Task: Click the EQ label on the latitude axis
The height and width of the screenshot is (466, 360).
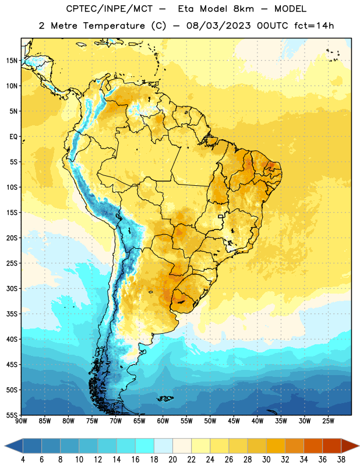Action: click(x=13, y=137)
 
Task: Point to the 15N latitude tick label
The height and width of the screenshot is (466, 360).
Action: click(x=12, y=61)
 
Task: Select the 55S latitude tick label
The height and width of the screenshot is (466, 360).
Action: click(x=12, y=415)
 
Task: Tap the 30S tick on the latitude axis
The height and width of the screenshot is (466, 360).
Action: click(x=12, y=288)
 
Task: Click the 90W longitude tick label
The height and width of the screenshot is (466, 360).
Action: click(x=21, y=421)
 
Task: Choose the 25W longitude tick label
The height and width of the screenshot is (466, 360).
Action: click(x=328, y=421)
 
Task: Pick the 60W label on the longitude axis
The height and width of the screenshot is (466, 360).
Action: click(x=163, y=421)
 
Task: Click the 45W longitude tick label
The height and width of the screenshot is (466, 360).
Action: click(x=234, y=421)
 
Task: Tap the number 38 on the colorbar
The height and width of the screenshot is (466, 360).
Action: click(x=341, y=460)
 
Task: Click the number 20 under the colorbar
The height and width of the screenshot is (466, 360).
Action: click(x=172, y=460)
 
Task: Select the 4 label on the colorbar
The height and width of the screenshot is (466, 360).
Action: click(x=23, y=460)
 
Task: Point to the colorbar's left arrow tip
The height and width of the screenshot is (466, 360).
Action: click(x=5, y=446)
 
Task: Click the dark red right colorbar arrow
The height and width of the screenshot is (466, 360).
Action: click(x=350, y=446)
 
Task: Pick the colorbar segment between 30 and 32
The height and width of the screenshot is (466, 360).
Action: click(x=276, y=446)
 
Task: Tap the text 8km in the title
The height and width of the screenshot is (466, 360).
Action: click(x=243, y=9)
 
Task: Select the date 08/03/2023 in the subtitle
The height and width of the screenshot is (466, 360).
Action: click(x=219, y=26)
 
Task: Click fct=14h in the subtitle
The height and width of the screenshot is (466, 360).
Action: click(x=314, y=26)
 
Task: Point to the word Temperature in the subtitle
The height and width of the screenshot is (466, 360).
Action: click(x=114, y=26)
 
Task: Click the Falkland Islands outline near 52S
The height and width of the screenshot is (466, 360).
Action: click(x=165, y=398)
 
